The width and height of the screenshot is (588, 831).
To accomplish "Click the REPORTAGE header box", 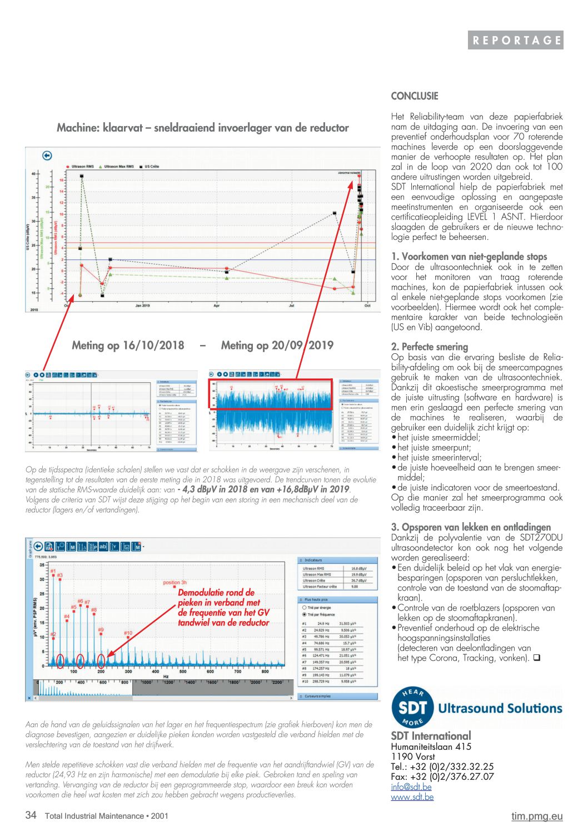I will click(x=515, y=40).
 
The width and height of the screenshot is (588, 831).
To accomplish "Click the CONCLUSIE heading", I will click(x=415, y=96).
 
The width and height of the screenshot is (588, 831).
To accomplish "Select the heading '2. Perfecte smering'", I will click(x=430, y=347).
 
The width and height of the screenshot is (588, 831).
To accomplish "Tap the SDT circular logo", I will click(x=412, y=707).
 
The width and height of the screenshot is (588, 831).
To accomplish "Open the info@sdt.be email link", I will click(x=411, y=787).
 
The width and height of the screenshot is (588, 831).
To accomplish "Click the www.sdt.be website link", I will click(x=412, y=797).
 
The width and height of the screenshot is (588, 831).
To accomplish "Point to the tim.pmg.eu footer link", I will click(x=537, y=815).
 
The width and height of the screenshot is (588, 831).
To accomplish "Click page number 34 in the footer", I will click(x=31, y=815).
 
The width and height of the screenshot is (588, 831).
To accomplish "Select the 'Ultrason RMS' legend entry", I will click(x=82, y=167).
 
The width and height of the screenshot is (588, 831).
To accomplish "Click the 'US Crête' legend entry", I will click(x=152, y=167).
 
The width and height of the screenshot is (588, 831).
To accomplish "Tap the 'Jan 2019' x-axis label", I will click(x=142, y=306).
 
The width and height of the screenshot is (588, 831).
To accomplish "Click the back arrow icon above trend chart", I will click(x=47, y=156).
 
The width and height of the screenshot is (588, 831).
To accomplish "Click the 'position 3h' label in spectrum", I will click(x=175, y=583).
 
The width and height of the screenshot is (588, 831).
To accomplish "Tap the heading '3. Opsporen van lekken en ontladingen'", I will click(x=471, y=527).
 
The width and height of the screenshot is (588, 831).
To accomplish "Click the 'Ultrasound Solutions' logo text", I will click(x=500, y=708).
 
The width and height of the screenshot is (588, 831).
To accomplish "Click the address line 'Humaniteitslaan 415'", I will click(x=431, y=747).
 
